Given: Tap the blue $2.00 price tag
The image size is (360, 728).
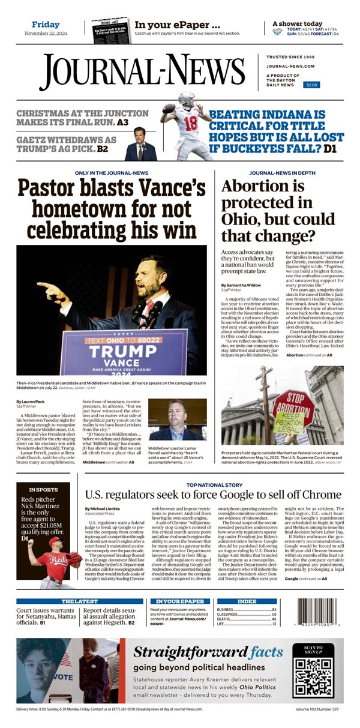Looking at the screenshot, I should click(x=312, y=85).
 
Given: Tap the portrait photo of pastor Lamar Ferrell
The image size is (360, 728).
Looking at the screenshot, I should click(x=178, y=421).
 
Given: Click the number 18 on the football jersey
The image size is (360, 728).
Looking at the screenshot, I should click(x=190, y=124).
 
